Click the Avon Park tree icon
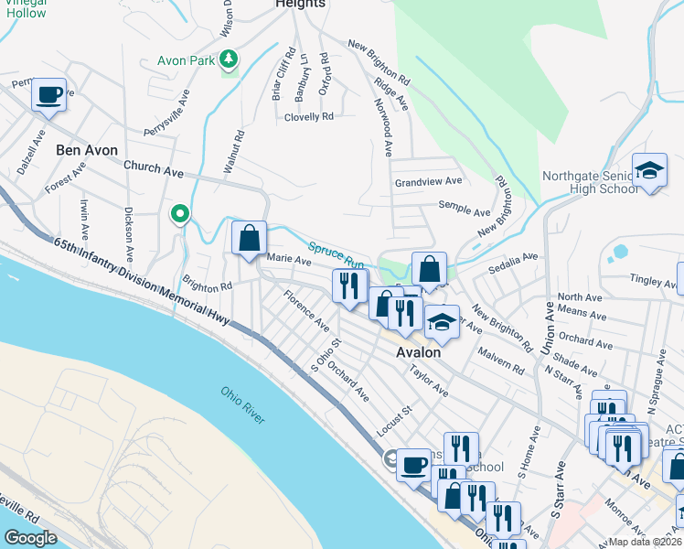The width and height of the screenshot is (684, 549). (229, 61)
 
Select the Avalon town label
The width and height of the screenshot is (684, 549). (418, 352)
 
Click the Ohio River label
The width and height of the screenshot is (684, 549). (242, 404)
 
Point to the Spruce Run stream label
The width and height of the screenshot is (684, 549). (337, 254)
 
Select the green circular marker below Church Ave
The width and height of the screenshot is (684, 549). (180, 215)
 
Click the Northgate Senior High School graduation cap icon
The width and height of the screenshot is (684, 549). (649, 171)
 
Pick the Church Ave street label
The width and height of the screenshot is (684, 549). (154, 168)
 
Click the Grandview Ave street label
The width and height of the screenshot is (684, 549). (429, 182)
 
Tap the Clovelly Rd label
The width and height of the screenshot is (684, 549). (308, 117)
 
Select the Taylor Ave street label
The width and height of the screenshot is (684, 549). (429, 382)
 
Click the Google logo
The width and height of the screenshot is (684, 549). (30, 538)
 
